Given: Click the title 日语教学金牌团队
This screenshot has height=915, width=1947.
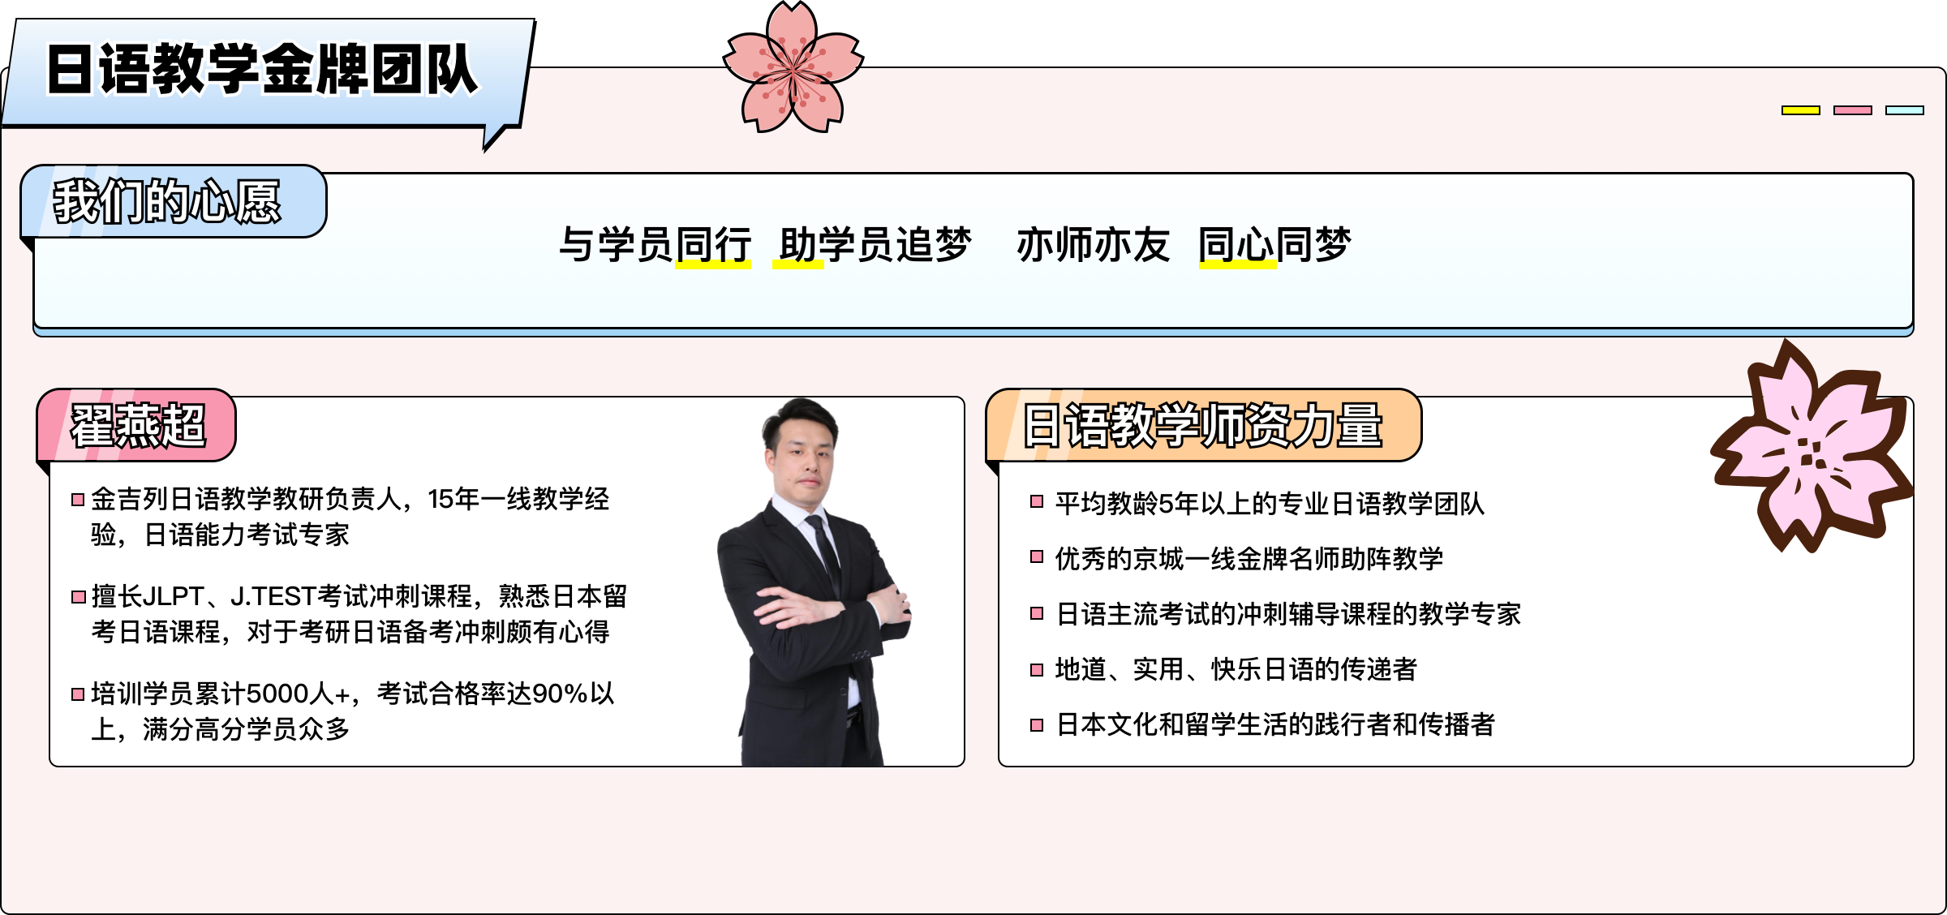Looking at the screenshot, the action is click(x=261, y=69).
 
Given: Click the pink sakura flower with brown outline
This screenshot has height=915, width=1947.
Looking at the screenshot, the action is click(x=1811, y=449).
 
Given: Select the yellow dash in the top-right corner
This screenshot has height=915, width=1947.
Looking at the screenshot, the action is click(x=1800, y=110).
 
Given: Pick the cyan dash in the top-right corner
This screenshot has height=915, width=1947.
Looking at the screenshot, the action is click(x=1904, y=110).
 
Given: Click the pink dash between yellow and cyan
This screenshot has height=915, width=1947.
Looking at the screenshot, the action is click(x=1852, y=110).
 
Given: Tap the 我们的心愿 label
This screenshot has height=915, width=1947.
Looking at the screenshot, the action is click(x=167, y=201).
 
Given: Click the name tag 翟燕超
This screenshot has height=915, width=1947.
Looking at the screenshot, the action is click(x=138, y=425).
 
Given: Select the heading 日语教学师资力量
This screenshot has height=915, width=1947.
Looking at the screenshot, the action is click(x=1202, y=425).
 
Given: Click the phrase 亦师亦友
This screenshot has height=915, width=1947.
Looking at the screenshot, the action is click(x=1093, y=244).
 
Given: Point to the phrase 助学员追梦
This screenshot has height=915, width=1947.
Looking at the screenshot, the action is click(x=875, y=244).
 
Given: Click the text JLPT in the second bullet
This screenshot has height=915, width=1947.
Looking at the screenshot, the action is click(x=171, y=596).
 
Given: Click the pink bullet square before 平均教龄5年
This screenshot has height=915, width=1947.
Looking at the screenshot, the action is click(x=1036, y=501).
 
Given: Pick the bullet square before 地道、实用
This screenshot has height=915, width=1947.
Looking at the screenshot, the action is click(x=1036, y=670).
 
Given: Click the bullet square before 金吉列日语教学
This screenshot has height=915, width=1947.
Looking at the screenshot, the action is click(x=78, y=500).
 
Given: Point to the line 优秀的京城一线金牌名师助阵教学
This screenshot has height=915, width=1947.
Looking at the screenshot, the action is click(x=1249, y=559).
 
